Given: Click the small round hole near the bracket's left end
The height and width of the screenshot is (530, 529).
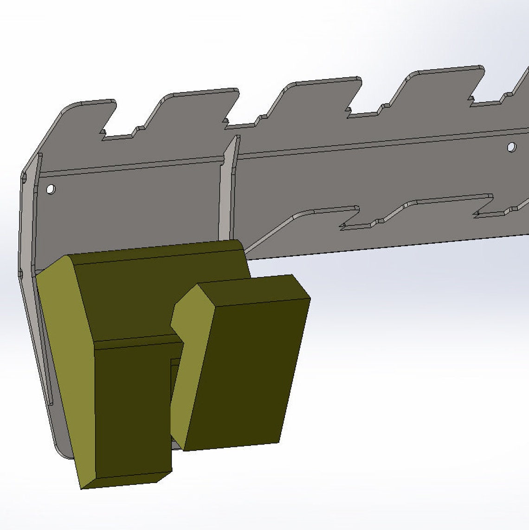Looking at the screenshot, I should [x=50, y=189].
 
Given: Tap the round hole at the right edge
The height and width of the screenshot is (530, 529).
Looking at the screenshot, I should [x=511, y=147].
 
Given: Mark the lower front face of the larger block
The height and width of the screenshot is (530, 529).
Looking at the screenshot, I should [x=132, y=409].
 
